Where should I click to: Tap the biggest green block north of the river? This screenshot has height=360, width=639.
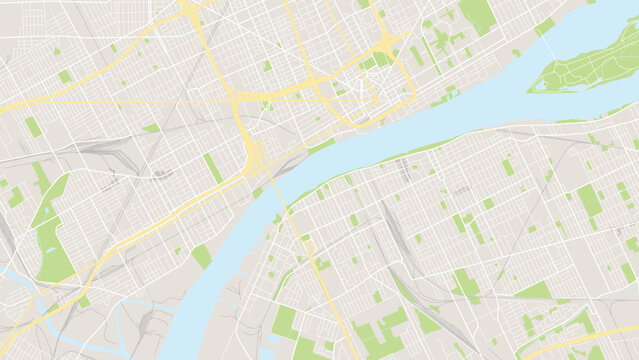[x=478, y=14]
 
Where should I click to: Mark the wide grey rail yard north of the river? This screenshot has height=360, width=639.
[x=100, y=150]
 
